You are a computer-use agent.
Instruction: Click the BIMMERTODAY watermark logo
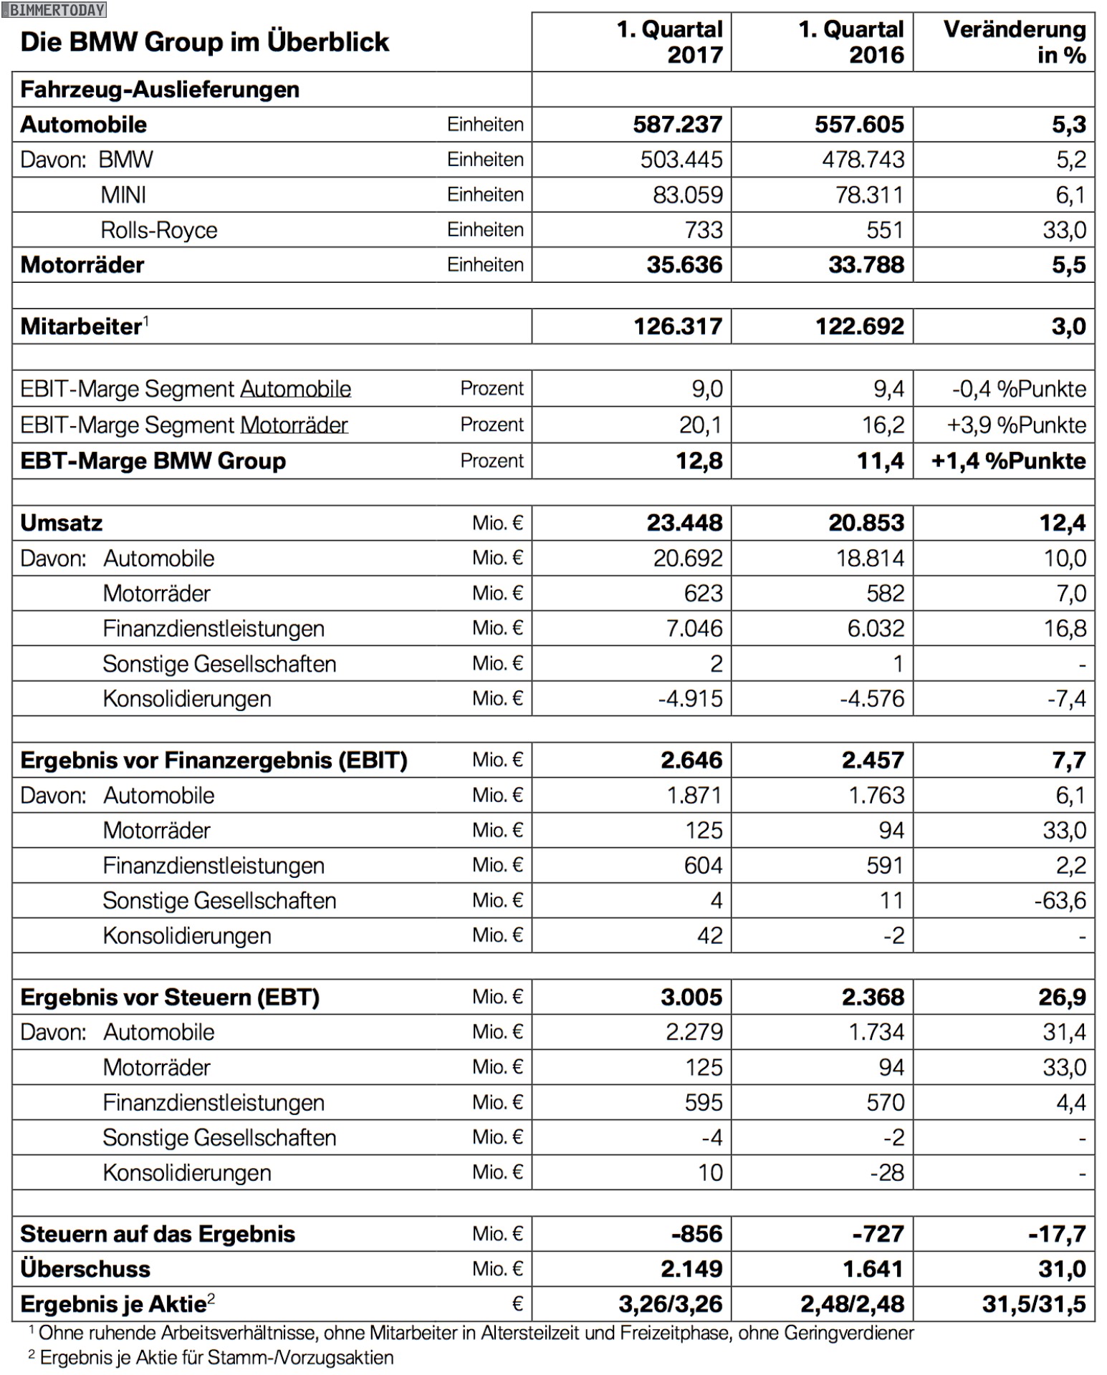pyautogui.click(x=54, y=9)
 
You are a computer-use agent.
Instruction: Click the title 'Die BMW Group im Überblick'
pyautogui.click(x=205, y=42)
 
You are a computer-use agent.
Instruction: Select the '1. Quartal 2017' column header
pyautogui.click(x=669, y=42)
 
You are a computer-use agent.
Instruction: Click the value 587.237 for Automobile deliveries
pyautogui.click(x=677, y=125)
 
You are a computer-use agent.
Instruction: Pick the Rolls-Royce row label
pyautogui.click(x=158, y=230)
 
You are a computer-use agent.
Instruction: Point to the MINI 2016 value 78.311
pyautogui.click(x=869, y=195)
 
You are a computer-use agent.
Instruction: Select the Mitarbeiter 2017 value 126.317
pyautogui.click(x=678, y=327)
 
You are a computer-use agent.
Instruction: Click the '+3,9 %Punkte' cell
pyautogui.click(x=1016, y=425)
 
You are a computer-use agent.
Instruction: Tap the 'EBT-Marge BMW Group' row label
pyautogui.click(x=153, y=460)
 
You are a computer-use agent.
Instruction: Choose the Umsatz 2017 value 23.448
pyautogui.click(x=684, y=523)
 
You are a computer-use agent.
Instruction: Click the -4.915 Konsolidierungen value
pyautogui.click(x=690, y=698)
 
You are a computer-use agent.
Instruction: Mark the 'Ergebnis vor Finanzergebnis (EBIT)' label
pyautogui.click(x=214, y=760)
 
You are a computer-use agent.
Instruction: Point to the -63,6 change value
pyautogui.click(x=1060, y=900)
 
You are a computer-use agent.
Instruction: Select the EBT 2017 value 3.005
pyautogui.click(x=691, y=997)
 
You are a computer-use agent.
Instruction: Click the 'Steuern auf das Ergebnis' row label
pyautogui.click(x=158, y=1234)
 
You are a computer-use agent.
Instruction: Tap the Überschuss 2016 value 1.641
pyautogui.click(x=872, y=1269)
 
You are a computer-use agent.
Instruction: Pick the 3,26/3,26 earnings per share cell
pyautogui.click(x=670, y=1304)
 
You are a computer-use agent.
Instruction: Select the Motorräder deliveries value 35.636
pyautogui.click(x=684, y=265)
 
